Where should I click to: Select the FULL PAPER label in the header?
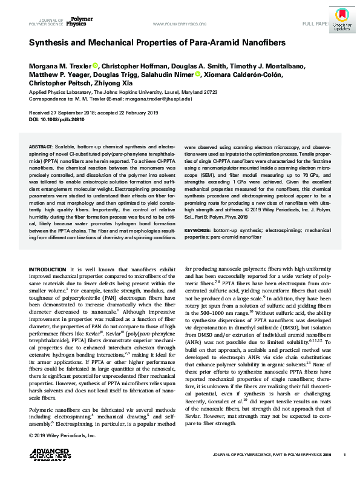click(x=315, y=24)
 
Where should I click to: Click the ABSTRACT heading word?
click(x=41, y=147)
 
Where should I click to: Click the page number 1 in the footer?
click(x=344, y=454)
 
